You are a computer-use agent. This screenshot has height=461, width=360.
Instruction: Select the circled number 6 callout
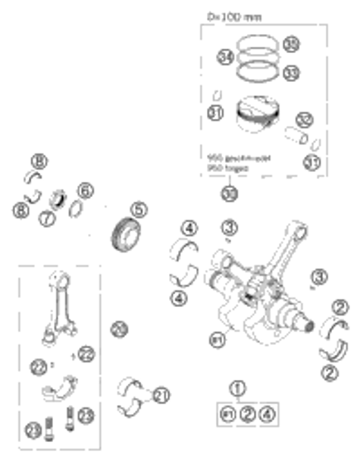86,191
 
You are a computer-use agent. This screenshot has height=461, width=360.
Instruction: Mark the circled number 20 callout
117,328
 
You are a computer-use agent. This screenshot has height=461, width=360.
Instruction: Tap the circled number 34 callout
224,58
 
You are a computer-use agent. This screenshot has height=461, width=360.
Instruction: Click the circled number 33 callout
290,72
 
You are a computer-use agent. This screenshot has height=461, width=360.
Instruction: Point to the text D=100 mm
230,15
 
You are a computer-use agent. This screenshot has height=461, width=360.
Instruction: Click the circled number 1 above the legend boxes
239,390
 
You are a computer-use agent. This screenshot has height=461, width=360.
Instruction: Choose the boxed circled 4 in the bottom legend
266,414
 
